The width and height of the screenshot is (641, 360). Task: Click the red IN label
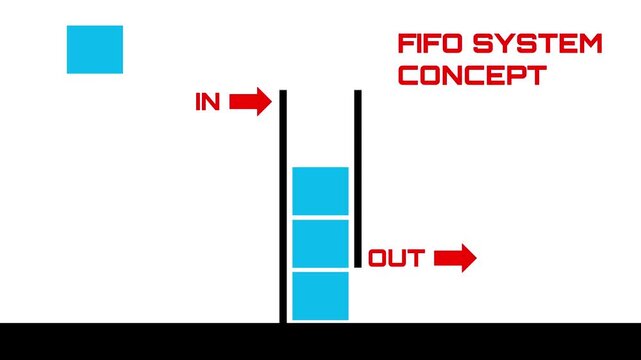pos(207,102)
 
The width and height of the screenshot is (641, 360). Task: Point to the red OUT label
pos(397,259)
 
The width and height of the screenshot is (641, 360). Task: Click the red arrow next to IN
pos(250,102)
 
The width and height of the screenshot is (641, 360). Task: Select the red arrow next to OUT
pos(455,259)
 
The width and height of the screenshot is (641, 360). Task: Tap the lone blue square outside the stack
pos(95,49)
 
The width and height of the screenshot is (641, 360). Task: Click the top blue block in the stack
pos(320,191)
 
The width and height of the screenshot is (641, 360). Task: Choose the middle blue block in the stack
pos(320,243)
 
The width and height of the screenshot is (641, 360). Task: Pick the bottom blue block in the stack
pos(320,296)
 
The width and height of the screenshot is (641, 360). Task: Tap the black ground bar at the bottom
pos(320,341)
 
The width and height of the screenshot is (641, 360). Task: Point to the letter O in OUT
pos(380,259)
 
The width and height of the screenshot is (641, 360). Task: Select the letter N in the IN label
pos(213,102)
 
